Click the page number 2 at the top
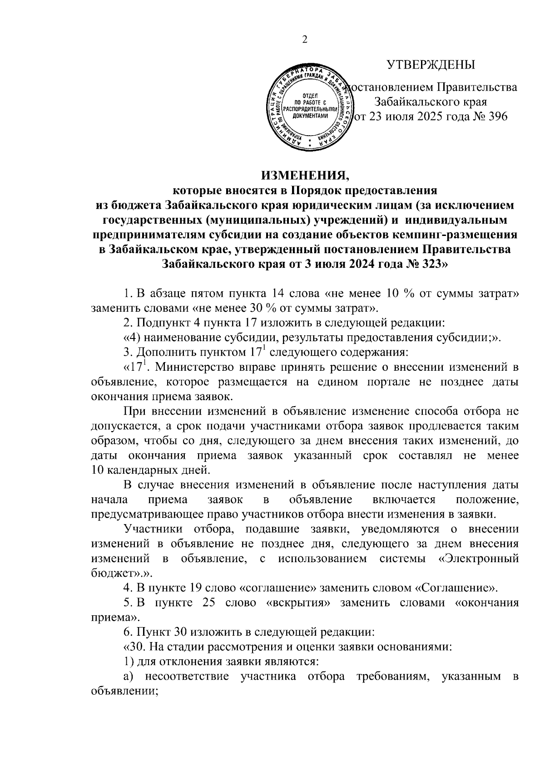pyautogui.click(x=305, y=40)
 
